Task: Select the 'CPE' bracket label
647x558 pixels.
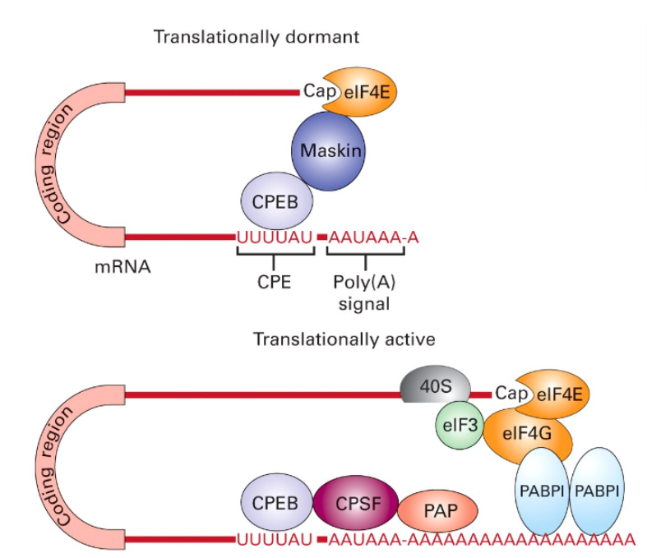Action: coord(275,280)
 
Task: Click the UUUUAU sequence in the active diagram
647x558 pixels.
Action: coord(275,540)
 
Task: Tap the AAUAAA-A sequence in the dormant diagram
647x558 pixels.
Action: coord(375,237)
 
